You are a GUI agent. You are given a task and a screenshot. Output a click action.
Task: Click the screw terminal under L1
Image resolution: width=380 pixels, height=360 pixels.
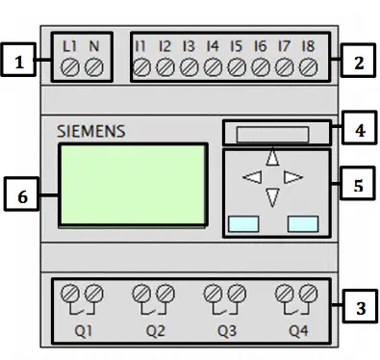(x=70, y=67)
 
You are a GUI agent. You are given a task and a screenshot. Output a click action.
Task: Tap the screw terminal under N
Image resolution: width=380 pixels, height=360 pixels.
(x=94, y=67)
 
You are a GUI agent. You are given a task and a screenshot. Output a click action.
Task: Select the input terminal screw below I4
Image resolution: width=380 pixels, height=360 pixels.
(x=213, y=67)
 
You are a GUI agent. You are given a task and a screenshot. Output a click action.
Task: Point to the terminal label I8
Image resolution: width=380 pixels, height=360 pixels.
(x=308, y=46)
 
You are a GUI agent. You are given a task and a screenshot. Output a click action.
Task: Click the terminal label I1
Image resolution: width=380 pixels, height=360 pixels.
(x=140, y=46)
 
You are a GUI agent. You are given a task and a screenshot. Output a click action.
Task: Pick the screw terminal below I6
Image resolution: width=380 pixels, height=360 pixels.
(x=261, y=67)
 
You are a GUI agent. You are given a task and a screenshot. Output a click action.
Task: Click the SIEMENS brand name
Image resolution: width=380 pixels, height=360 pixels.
(x=91, y=132)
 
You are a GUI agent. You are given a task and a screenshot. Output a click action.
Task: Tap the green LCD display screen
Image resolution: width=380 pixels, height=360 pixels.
(x=133, y=185)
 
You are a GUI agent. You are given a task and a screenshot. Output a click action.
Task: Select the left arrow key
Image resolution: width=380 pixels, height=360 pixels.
(x=252, y=177)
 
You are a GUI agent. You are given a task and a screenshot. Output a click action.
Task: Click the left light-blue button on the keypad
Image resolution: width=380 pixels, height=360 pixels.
(x=243, y=224)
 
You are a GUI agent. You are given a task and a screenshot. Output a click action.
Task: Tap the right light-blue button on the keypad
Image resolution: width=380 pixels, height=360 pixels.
(x=303, y=224)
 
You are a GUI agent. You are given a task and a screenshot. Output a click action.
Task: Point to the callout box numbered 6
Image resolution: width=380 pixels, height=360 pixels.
(x=22, y=193)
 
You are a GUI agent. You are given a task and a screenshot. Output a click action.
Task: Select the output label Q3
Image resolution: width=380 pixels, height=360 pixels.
(x=227, y=331)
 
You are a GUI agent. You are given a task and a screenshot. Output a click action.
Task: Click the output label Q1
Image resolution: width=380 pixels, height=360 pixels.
(x=84, y=331)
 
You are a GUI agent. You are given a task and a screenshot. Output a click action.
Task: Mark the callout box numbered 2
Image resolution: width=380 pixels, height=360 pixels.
(x=358, y=60)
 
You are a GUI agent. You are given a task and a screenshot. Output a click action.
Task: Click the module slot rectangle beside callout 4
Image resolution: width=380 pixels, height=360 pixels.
(x=272, y=134)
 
